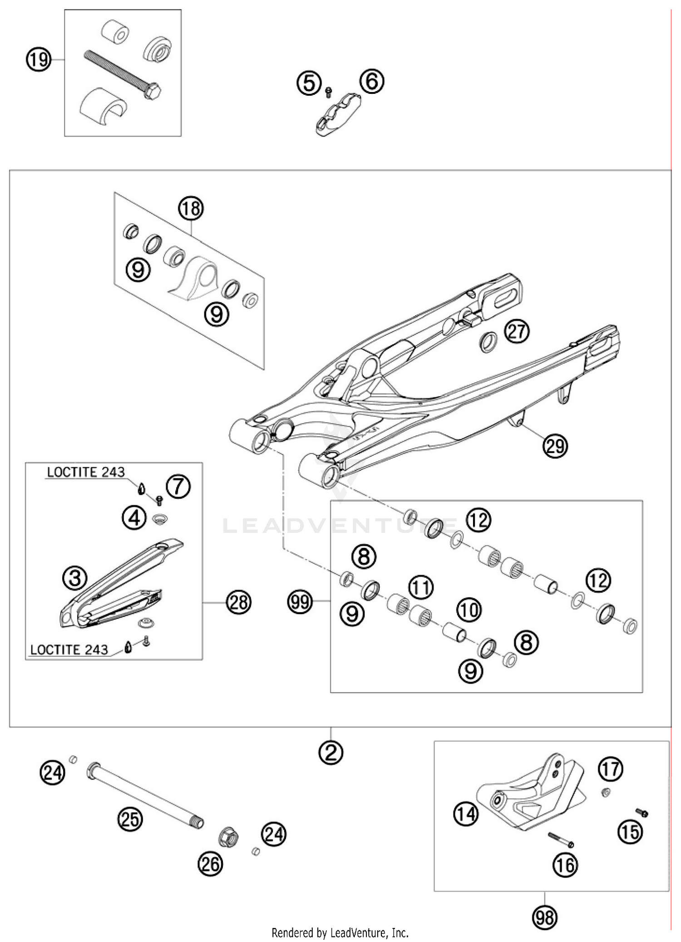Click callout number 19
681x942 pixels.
tap(38, 59)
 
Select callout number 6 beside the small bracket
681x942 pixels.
tap(371, 82)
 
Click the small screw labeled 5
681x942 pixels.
tap(329, 92)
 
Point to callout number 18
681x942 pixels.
tap(191, 209)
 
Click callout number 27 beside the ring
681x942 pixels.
tap(517, 332)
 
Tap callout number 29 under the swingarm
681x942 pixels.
tap(555, 446)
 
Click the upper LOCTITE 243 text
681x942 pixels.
tap(86, 472)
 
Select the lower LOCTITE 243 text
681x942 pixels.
tap(69, 649)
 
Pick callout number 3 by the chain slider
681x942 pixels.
tap(75, 578)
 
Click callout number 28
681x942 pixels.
tap(239, 602)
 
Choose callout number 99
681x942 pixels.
tap(300, 602)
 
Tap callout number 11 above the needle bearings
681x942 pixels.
tap(421, 588)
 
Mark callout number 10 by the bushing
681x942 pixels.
tap(469, 610)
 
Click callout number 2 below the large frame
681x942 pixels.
tap(331, 753)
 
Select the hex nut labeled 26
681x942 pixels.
tap(228, 837)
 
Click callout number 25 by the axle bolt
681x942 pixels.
tap(130, 819)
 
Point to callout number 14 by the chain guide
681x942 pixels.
tap(466, 814)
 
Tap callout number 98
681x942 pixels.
tap(544, 918)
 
